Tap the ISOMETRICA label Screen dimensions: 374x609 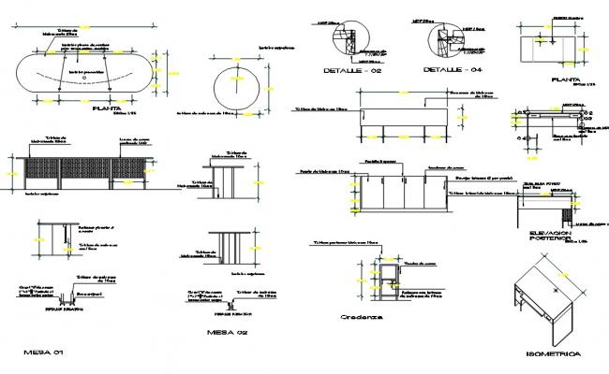pos(554,354)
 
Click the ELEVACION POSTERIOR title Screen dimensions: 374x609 pos(551,236)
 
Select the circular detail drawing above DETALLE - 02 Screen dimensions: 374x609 pos(349,43)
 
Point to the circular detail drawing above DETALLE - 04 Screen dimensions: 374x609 pos(439,43)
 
